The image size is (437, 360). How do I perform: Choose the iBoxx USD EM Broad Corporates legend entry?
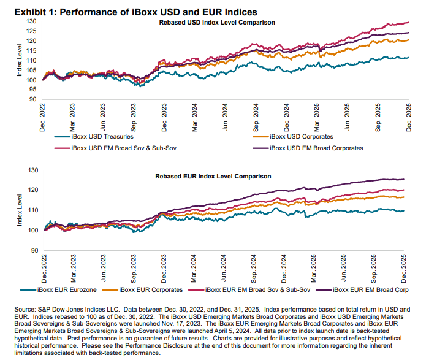[316, 148]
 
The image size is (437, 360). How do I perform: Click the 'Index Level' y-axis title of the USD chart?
[20, 60]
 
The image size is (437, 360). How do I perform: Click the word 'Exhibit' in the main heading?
[22, 11]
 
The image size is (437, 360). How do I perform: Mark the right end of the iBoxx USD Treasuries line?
[409, 58]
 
